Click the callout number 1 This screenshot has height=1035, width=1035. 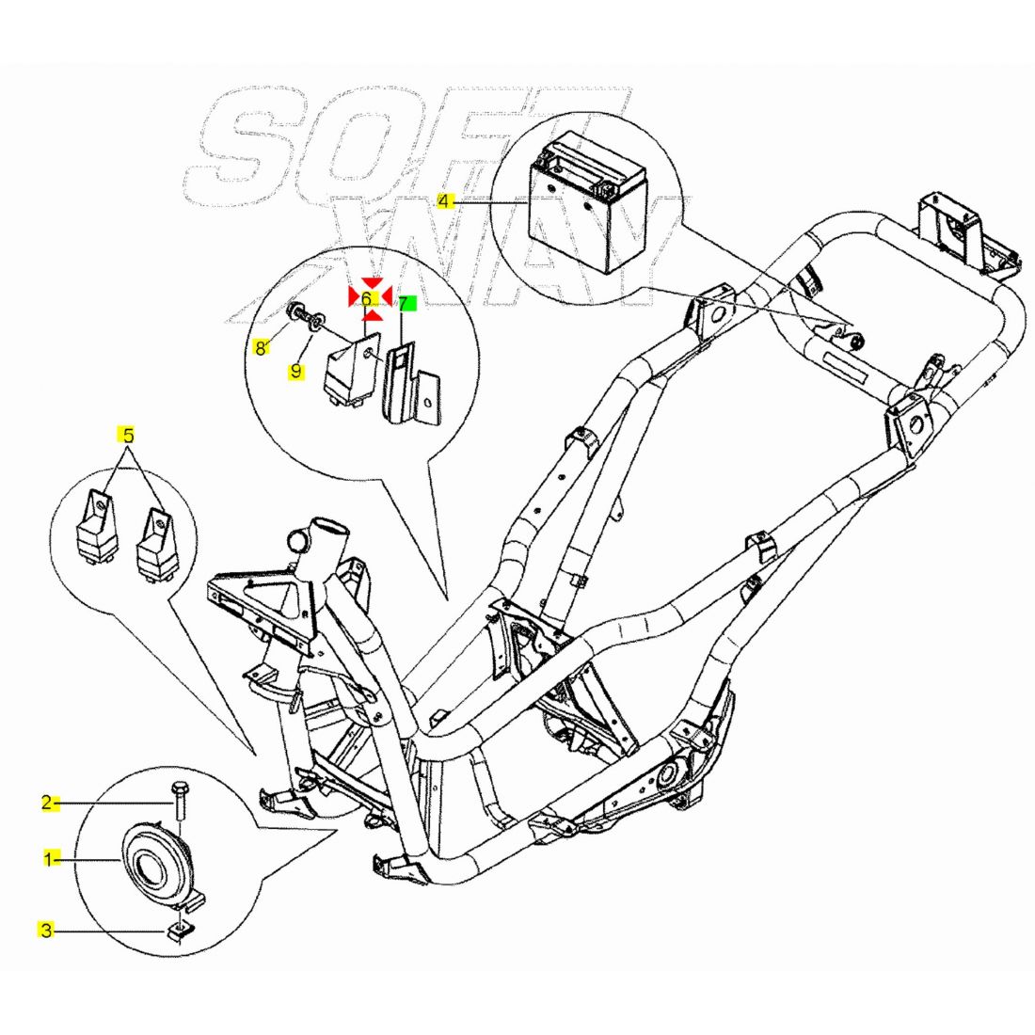point(47,858)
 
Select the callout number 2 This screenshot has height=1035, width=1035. point(47,803)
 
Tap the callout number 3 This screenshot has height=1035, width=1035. point(46,931)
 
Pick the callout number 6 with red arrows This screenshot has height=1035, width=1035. point(366,298)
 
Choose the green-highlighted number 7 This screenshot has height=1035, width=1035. point(405,303)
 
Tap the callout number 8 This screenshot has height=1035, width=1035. point(261,348)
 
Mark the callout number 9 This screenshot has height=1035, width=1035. point(295,371)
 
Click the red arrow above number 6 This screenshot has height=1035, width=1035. point(373,282)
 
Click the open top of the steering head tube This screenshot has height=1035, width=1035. point(328,525)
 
